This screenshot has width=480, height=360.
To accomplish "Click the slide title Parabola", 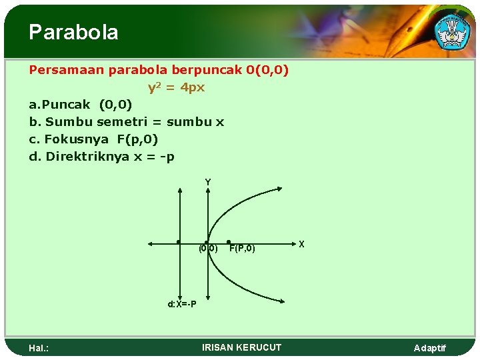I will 73,32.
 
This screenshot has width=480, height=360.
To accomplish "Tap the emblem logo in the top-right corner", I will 451,30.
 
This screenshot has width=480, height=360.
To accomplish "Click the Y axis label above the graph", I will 208,182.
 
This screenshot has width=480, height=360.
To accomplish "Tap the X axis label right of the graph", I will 301,245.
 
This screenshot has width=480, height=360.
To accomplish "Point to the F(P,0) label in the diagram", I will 242,249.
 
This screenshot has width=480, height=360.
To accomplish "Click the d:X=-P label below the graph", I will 181,304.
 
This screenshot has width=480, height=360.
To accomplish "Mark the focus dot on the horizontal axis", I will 229,242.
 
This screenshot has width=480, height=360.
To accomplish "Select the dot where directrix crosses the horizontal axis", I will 179,242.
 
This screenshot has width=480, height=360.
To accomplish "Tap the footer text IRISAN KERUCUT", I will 241,347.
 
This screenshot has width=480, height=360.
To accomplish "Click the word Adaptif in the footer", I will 430,348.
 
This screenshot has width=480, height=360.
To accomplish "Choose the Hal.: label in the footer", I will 41,348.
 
